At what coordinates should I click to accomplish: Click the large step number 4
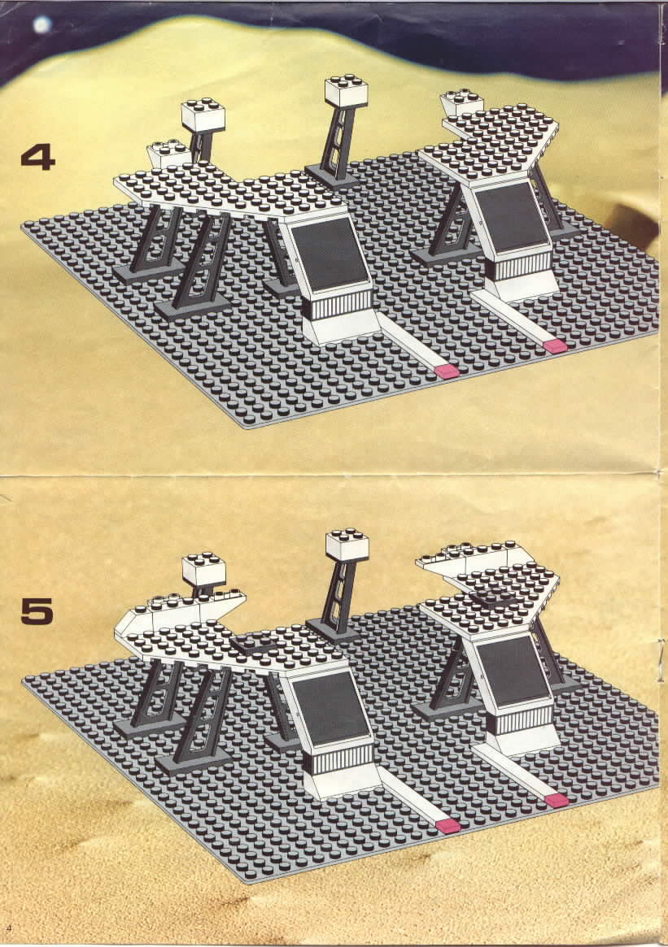[x=37, y=159]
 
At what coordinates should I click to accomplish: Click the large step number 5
[x=37, y=611]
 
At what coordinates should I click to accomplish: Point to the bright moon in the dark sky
[x=41, y=24]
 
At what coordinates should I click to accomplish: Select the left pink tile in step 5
[x=448, y=826]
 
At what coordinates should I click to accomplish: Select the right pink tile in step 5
[x=557, y=800]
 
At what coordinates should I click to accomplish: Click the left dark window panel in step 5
[x=330, y=706]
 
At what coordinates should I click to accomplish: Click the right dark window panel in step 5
[x=512, y=671]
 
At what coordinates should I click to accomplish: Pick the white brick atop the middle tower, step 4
[x=347, y=93]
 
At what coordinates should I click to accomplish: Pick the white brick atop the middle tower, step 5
[x=347, y=546]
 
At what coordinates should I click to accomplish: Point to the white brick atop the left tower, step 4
[x=203, y=116]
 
